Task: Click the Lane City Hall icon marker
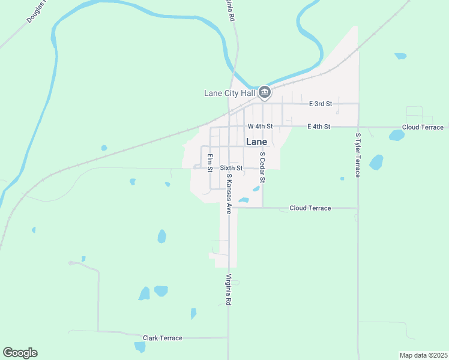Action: (265, 92)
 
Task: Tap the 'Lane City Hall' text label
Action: (230, 93)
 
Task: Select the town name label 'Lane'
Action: (256, 142)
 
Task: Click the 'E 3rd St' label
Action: (321, 104)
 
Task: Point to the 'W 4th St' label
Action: (260, 127)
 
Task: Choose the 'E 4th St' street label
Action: (319, 127)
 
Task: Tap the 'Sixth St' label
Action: (231, 168)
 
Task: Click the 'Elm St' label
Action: (210, 163)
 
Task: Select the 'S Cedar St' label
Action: (262, 167)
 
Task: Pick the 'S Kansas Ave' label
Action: (229, 194)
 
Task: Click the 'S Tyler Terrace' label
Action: (358, 155)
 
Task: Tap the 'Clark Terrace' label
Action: (162, 338)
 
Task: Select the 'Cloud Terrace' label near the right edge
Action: (423, 127)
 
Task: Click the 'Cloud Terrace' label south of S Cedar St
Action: (310, 208)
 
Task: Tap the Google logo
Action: (20, 353)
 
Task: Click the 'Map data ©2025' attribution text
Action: (423, 355)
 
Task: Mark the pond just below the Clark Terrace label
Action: (140, 347)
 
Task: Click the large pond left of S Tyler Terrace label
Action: (376, 162)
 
